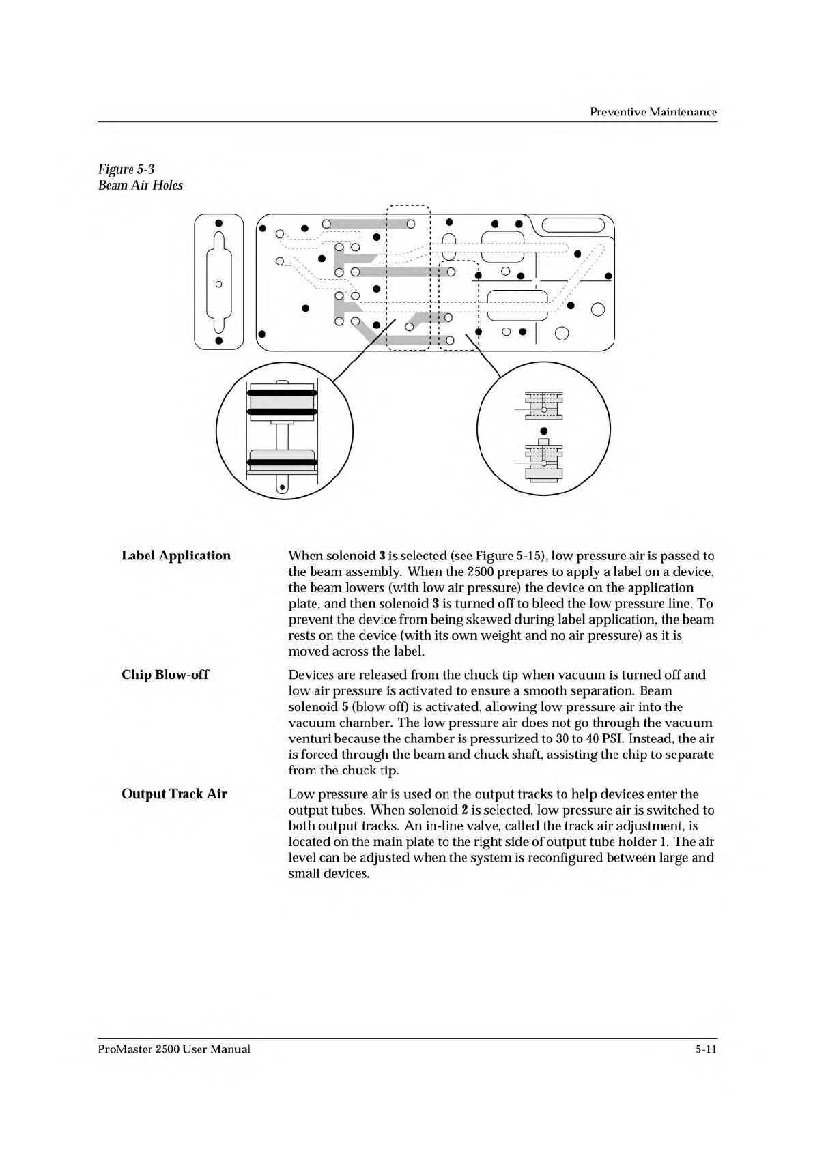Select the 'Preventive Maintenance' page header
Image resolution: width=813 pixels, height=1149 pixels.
point(653,112)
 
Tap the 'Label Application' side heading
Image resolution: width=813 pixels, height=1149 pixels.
point(176,555)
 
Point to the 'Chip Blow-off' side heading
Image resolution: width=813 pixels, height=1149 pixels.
point(165,675)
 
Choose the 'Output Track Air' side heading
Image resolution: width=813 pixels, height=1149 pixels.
point(174,794)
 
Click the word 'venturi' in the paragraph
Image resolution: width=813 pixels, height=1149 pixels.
point(309,739)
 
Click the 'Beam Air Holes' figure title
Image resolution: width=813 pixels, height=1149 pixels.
point(141,186)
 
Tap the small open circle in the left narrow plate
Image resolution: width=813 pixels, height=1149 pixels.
point(218,284)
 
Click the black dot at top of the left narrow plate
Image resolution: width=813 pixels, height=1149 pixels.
point(218,223)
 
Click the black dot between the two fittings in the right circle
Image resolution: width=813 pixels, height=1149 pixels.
point(544,431)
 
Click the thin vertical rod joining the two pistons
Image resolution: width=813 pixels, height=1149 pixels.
point(281,437)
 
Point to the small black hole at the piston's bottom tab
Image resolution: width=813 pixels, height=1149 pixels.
point(281,487)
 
